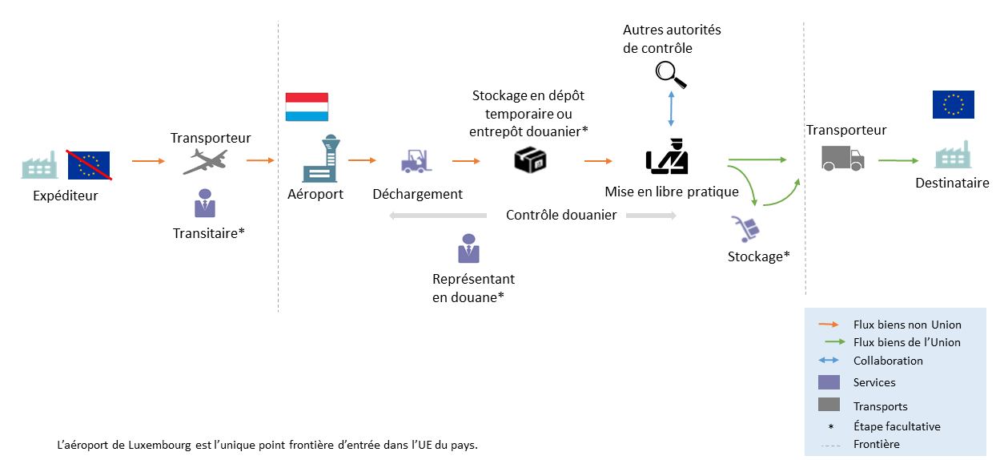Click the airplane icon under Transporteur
click(x=204, y=161)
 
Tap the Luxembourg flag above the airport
click(x=307, y=107)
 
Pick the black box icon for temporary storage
click(x=530, y=160)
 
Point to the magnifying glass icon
click(x=671, y=75)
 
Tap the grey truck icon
click(x=842, y=158)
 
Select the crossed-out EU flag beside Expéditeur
click(x=89, y=164)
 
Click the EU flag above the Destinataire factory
click(x=953, y=105)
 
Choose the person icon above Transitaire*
click(x=205, y=204)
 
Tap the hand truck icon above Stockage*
click(x=746, y=229)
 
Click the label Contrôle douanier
click(x=561, y=215)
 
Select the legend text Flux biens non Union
click(x=907, y=325)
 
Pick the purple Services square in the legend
click(x=829, y=382)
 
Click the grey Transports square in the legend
click(x=829, y=406)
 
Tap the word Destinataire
click(x=952, y=183)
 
